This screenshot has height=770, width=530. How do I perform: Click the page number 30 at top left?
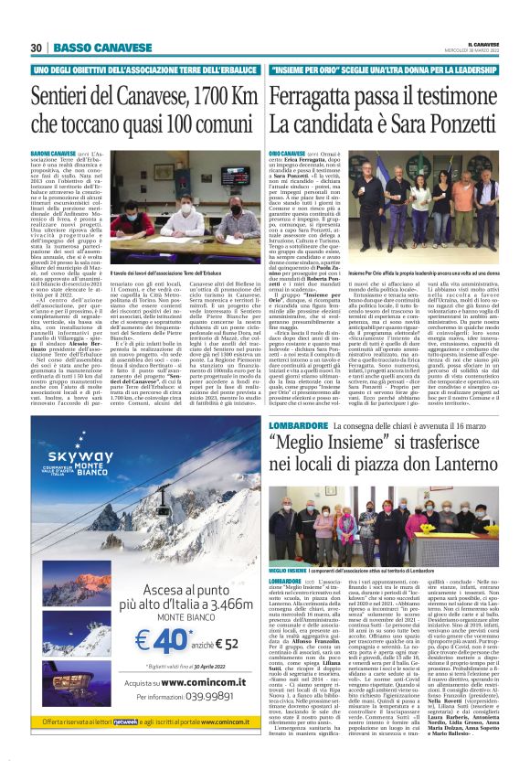(x=37, y=48)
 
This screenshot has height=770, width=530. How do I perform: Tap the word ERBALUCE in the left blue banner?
(x=228, y=70)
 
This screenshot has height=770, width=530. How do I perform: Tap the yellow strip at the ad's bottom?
(x=133, y=746)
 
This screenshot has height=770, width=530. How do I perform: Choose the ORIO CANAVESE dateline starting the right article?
(x=287, y=156)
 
